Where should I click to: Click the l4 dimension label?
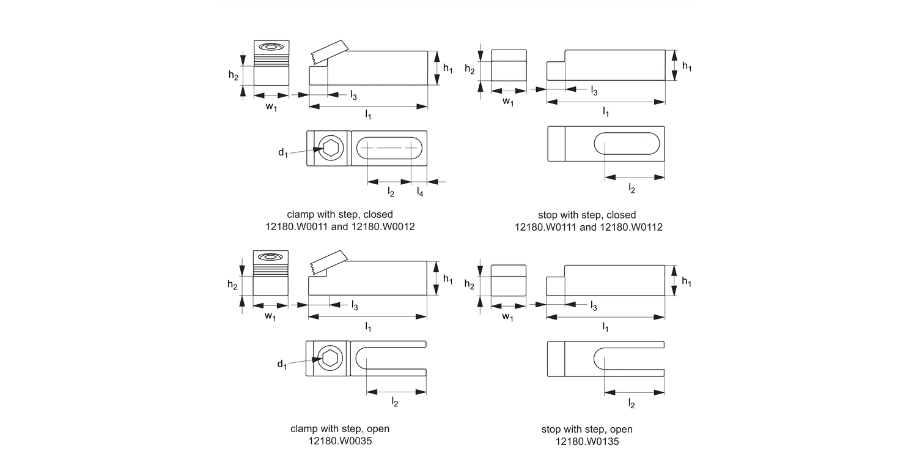(420, 192)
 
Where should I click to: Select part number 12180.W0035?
(339, 440)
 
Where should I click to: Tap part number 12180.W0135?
(587, 441)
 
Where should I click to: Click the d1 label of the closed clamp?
(282, 153)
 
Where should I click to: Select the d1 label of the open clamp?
(282, 365)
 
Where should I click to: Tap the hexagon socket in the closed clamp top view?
(330, 148)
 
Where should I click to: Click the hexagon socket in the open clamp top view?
(330, 358)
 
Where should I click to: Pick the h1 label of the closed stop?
(687, 66)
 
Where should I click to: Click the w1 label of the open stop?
(508, 316)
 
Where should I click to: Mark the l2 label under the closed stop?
(632, 190)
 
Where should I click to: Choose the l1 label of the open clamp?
(368, 327)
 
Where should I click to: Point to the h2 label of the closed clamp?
(234, 75)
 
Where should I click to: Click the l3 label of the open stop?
(594, 306)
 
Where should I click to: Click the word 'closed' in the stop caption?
(621, 215)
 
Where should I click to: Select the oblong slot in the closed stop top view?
(627, 143)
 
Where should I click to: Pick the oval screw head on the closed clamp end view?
(271, 47)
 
